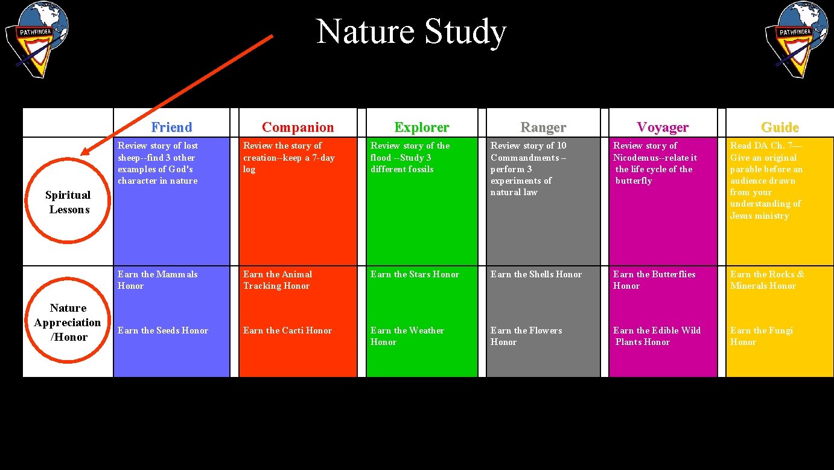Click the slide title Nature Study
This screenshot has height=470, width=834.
point(411,31)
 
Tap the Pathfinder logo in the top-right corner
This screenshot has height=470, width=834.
point(796,39)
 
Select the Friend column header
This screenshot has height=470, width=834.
point(171,127)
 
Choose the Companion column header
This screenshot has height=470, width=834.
point(298,127)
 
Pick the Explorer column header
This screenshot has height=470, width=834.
point(421,127)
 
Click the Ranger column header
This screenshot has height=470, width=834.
point(543,127)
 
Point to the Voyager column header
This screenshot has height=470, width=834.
point(663,127)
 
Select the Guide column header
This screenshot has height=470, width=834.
point(780,127)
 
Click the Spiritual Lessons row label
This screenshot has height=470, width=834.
point(68,202)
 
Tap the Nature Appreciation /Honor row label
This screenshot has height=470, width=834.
point(68,323)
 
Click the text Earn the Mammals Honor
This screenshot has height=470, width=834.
point(157,280)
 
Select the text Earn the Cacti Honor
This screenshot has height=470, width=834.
point(287,330)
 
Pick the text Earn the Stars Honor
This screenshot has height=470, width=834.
point(415,274)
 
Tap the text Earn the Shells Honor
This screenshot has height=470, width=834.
point(536,274)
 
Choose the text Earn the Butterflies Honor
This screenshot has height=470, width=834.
point(654,280)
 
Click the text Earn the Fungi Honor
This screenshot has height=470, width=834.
point(761,336)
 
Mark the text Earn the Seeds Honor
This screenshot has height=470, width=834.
point(162,330)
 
